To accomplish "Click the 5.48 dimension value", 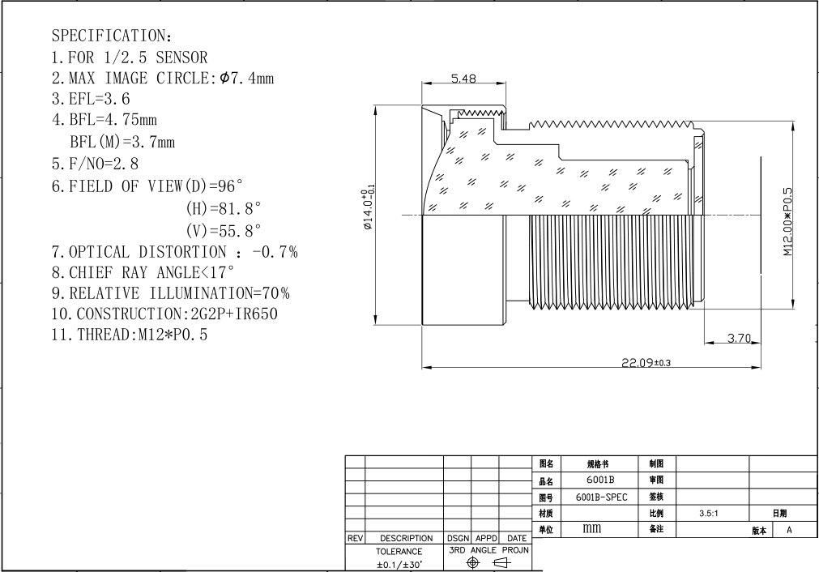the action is point(464,79).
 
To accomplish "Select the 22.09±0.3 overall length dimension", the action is point(646,362).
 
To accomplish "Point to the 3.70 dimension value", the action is point(739,338).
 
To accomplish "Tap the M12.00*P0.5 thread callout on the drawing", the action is point(787,222).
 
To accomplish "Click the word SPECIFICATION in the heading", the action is point(108,36).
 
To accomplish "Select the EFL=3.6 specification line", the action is point(91,99).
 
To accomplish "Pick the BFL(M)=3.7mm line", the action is point(122,142).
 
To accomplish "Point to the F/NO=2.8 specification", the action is point(95,164).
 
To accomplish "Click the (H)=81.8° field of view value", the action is point(223,208).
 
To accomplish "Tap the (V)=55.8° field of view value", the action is point(223,230).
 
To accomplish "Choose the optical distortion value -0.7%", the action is point(275,252).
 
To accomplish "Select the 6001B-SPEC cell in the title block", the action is point(601,497).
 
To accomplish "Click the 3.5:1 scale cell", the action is point(709,514).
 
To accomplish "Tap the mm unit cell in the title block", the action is point(592,528).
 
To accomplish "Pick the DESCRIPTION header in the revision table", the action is point(406,538).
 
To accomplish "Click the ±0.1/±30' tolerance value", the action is point(399,564).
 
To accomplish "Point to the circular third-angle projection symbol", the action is point(473,562).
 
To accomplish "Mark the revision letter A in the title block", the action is point(789,530).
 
